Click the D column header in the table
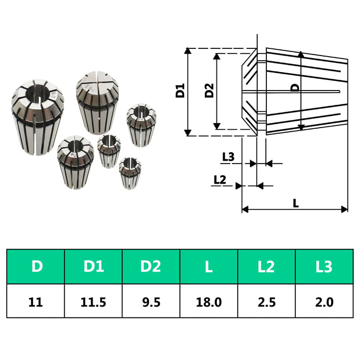[x=36, y=266]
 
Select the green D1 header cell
[x=94, y=266]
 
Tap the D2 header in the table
[x=151, y=266]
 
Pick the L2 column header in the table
[x=266, y=266]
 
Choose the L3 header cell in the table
[x=324, y=266]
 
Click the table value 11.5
[x=94, y=301]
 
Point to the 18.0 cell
[x=209, y=301]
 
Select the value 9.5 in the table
[x=151, y=301]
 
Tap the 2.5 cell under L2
[x=266, y=301]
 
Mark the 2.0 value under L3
[x=324, y=301]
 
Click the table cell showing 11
[x=36, y=301]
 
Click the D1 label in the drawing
[x=179, y=91]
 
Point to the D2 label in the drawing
[x=209, y=91]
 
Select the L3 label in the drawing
[x=228, y=157]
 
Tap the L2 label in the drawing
[x=220, y=179]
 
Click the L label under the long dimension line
[x=296, y=203]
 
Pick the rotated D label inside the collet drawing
[x=295, y=88]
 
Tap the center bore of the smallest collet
[x=129, y=165]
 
